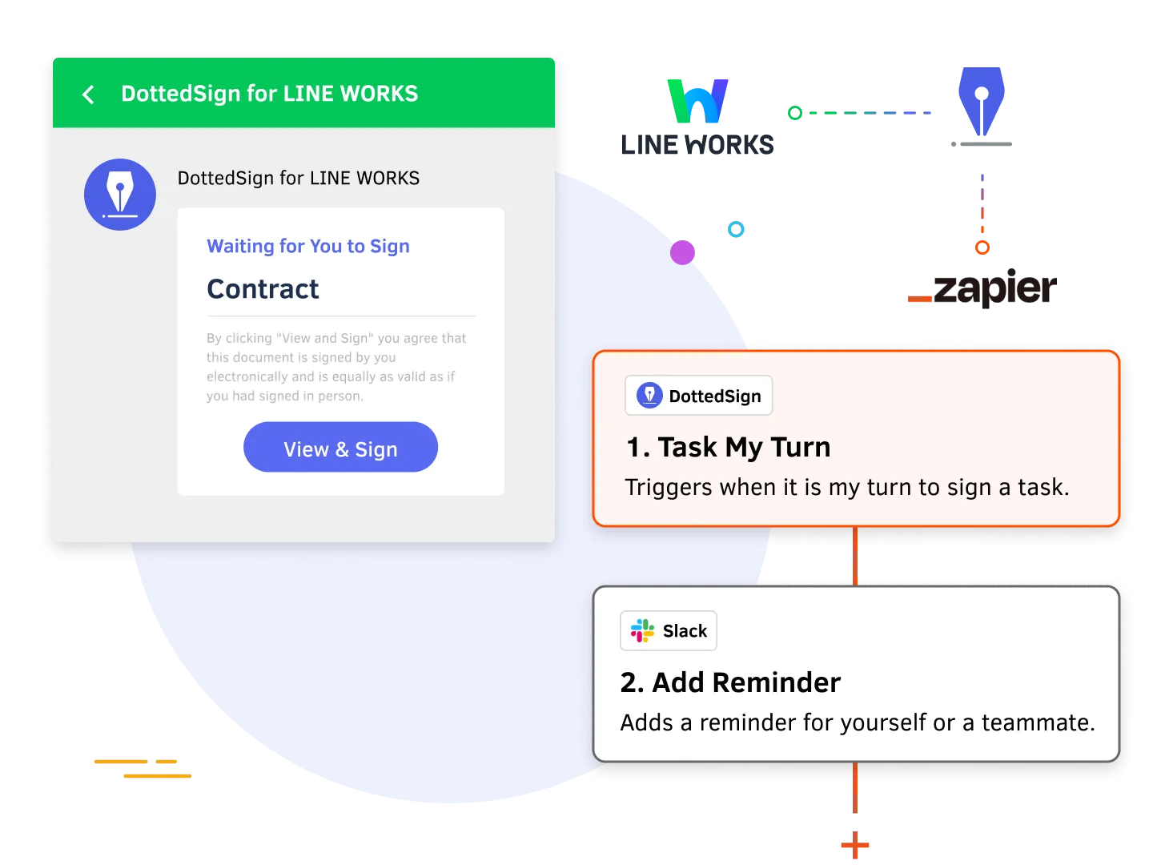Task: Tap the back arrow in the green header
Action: pos(89,95)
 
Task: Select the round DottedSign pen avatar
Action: pos(120,195)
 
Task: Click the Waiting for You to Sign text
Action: pos(308,246)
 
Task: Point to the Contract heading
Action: pos(263,289)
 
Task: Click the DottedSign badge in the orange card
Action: pos(698,396)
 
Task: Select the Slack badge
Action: pos(669,631)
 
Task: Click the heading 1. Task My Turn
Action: pos(729,447)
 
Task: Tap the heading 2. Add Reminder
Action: pos(730,682)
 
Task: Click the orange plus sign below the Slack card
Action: pos(855,845)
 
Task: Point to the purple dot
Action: pos(683,253)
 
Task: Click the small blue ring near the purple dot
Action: pos(736,231)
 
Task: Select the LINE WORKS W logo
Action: pos(697,102)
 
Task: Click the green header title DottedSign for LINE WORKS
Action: pos(269,94)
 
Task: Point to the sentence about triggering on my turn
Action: pos(847,487)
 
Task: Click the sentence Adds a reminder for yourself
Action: pos(858,722)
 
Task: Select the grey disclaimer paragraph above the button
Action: pos(335,367)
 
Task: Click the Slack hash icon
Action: pos(642,631)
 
